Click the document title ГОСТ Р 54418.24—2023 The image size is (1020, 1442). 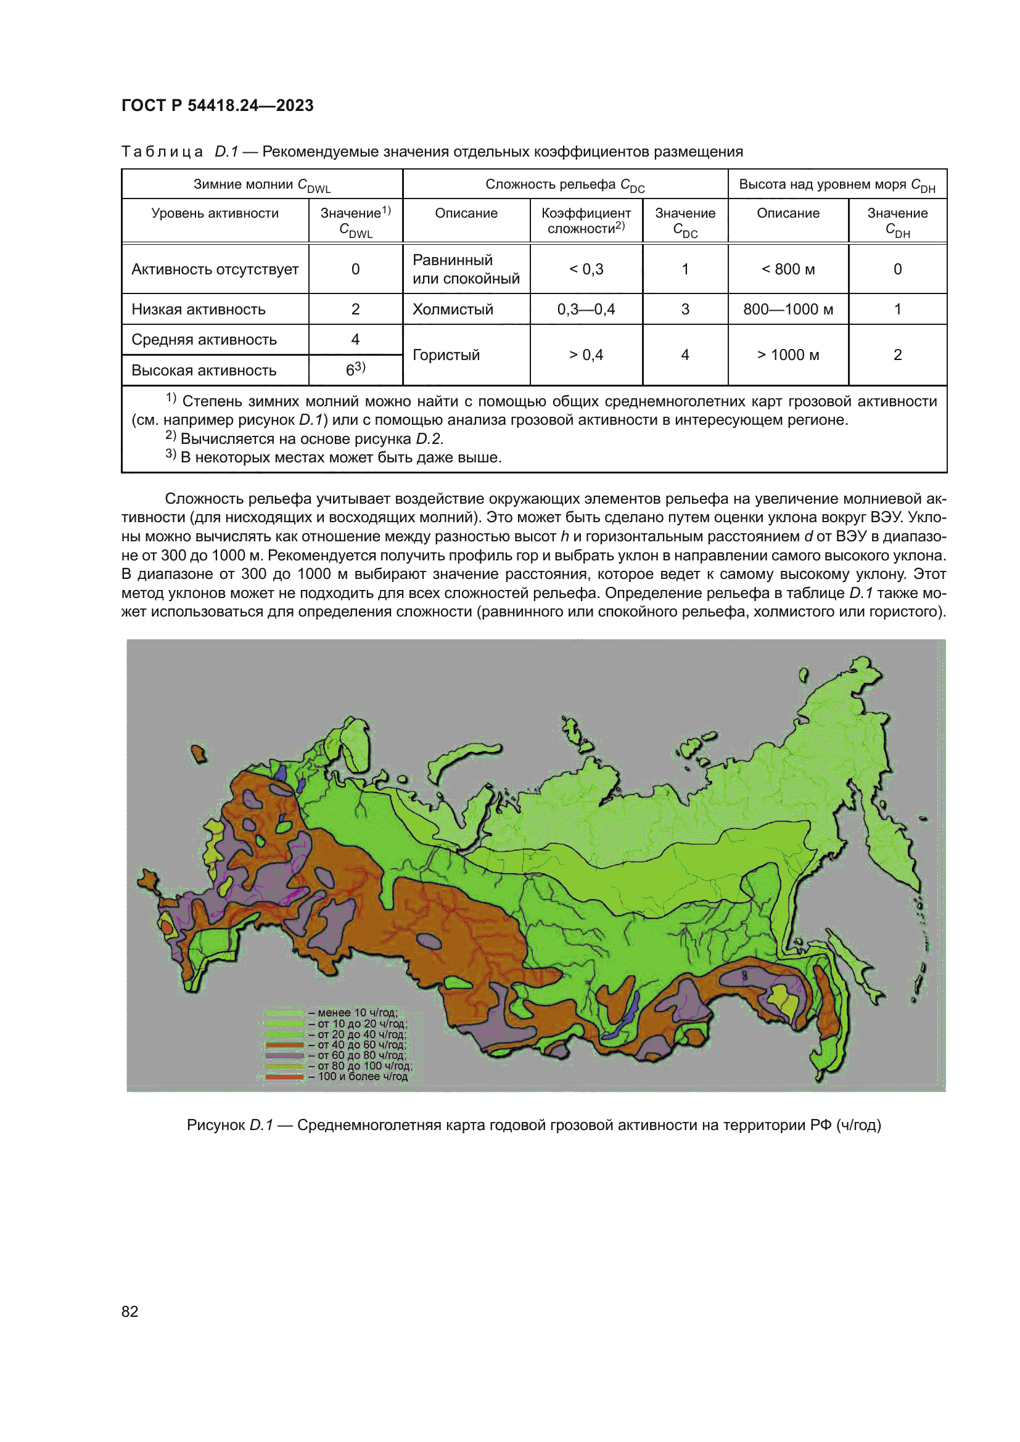click(217, 105)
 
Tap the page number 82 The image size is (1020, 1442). click(130, 1311)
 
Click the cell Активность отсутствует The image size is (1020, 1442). click(215, 269)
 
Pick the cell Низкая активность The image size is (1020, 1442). click(199, 309)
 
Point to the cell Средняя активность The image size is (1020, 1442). click(204, 340)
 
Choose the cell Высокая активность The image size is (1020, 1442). click(204, 371)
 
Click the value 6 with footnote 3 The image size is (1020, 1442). click(355, 370)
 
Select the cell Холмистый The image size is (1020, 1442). click(453, 309)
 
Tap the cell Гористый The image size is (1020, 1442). click(446, 356)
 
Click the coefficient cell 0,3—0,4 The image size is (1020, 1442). click(586, 309)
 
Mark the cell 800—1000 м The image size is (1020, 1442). click(788, 309)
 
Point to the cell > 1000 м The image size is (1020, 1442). click(788, 356)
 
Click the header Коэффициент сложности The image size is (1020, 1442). click(586, 221)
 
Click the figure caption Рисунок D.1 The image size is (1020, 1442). click(533, 1125)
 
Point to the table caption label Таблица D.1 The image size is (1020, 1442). click(179, 152)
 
